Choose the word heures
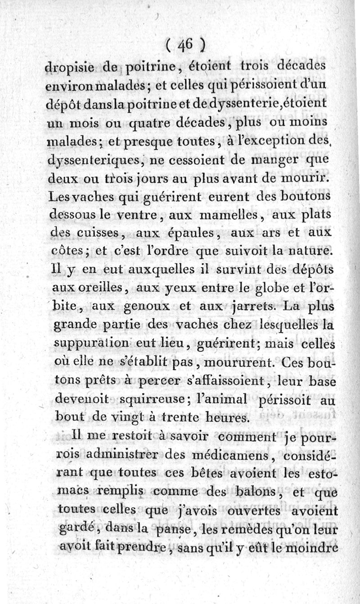pyautogui.click(x=224, y=418)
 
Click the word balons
pyautogui.click(x=261, y=492)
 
